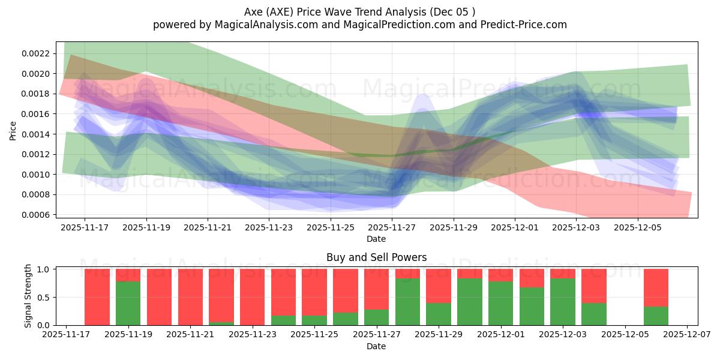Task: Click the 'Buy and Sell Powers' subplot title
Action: pos(376,257)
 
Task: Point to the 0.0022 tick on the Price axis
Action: pos(37,53)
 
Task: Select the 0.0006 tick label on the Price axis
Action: pos(37,215)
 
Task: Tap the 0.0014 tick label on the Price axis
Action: pos(37,134)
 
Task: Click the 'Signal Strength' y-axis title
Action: pos(28,296)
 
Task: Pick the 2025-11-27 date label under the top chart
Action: pos(392,228)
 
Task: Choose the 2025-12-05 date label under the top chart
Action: pos(638,228)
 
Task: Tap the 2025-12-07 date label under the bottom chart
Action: pos(687,335)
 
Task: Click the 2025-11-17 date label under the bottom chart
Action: pos(66,335)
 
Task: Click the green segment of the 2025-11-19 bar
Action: pos(128,303)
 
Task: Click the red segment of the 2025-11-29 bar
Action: pos(439,286)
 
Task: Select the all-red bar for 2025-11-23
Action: pos(252,297)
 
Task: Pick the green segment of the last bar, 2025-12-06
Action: pos(656,316)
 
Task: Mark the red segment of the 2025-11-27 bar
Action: pos(376,289)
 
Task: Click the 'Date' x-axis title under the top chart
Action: pos(376,239)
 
